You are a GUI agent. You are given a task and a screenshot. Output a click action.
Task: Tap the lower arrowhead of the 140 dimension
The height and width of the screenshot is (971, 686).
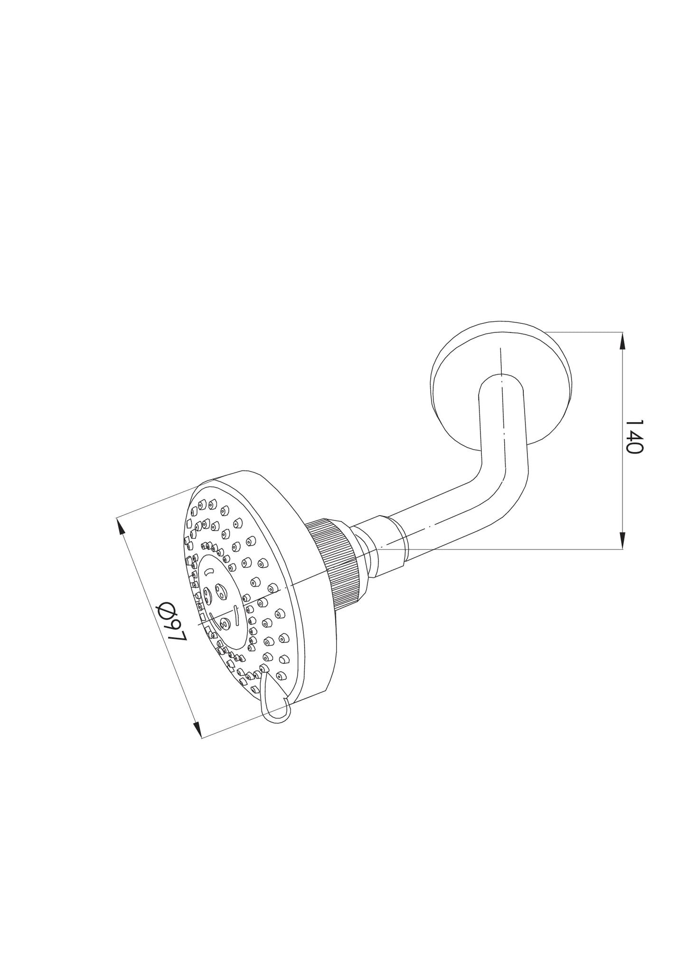(x=623, y=540)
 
